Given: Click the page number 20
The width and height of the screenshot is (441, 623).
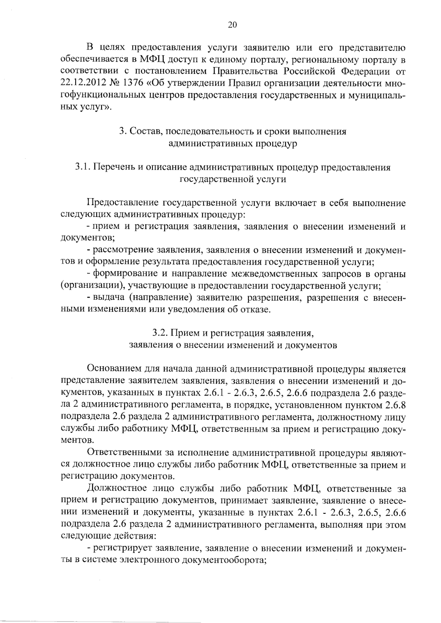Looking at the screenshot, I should click(232, 25).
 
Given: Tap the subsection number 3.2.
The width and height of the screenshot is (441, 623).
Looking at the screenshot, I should click(160, 333).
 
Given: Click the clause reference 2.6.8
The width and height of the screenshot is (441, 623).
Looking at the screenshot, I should click(395, 405).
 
